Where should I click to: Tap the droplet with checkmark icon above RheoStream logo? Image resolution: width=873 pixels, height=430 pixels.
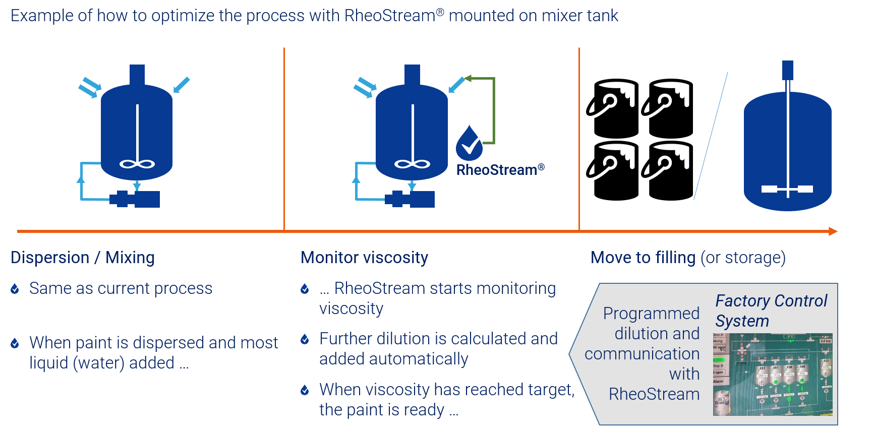[x=469, y=143]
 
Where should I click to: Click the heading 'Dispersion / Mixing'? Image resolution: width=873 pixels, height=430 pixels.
[x=83, y=258]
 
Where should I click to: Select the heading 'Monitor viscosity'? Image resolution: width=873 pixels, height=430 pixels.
[x=364, y=258]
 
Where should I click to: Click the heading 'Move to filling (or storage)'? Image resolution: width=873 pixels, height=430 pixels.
[x=688, y=258]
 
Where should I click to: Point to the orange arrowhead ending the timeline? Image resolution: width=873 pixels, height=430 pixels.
[x=833, y=231]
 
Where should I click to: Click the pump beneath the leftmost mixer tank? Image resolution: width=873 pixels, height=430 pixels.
[x=135, y=199]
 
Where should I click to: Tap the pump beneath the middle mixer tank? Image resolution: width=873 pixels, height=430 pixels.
[x=410, y=199]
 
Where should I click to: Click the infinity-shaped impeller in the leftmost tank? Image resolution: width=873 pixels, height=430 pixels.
[x=137, y=164]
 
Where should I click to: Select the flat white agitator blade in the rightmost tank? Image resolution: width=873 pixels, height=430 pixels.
[x=787, y=189]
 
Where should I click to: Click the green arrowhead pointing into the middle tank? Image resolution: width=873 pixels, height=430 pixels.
[x=468, y=78]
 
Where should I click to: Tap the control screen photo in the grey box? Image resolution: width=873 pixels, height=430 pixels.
[x=772, y=374]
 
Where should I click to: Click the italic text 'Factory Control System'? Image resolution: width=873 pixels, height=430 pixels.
[x=771, y=311]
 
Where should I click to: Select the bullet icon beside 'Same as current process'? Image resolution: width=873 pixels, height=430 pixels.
[x=15, y=288]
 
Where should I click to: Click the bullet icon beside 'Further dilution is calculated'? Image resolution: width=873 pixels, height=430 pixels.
[x=305, y=339]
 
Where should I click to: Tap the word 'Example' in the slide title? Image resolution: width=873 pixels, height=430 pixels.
[x=42, y=16]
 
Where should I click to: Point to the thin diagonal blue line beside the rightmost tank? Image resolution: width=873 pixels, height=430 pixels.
[x=711, y=136]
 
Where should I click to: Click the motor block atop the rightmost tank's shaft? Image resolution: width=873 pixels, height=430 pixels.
[x=787, y=70]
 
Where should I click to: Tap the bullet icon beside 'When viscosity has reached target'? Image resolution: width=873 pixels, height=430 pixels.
[x=305, y=390]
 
